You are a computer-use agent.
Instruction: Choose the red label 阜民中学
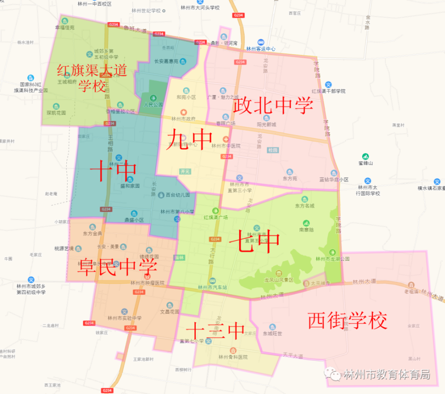(x=117, y=268)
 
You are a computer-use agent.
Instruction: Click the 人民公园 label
(x=154, y=105)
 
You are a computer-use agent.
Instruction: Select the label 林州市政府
(x=183, y=119)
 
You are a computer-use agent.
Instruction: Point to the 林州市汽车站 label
(x=212, y=287)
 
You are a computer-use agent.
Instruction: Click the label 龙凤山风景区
(x=279, y=280)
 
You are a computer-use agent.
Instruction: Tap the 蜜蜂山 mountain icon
(x=365, y=157)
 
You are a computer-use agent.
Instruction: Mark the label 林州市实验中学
(x=125, y=318)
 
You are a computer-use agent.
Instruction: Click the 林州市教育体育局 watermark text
(x=386, y=374)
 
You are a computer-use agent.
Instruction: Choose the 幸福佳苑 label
(x=65, y=27)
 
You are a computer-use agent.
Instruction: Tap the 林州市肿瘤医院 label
(x=147, y=282)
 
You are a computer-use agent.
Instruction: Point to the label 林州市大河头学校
(x=200, y=8)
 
